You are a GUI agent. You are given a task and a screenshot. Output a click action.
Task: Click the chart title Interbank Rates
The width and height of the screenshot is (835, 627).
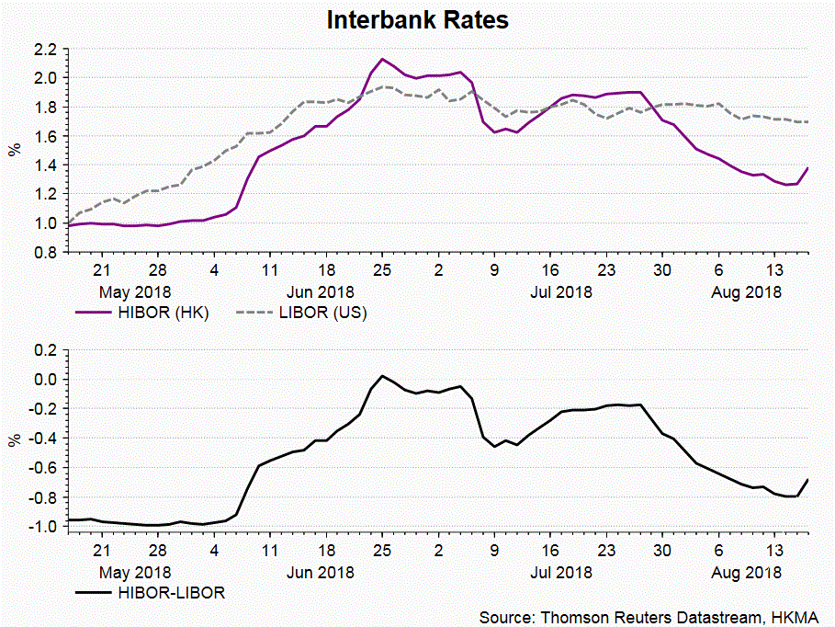click(417, 19)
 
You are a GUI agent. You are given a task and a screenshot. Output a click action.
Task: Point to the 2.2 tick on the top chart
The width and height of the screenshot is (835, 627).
click(46, 49)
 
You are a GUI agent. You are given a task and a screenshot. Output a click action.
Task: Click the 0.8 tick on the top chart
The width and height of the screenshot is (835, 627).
click(46, 252)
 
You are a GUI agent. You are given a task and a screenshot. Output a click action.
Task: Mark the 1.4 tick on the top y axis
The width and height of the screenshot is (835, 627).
click(46, 165)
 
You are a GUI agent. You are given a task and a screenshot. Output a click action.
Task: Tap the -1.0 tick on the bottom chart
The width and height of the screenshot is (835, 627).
click(43, 527)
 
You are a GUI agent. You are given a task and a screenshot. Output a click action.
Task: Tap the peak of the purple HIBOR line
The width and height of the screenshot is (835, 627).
click(382, 59)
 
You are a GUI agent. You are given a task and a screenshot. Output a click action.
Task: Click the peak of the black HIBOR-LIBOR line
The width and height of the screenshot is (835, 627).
click(382, 376)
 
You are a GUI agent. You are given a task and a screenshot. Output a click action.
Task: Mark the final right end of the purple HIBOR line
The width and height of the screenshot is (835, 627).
click(808, 167)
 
